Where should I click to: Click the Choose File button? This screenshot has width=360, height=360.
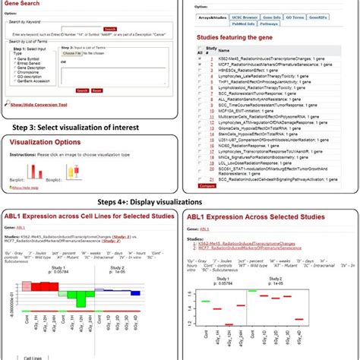pos(73,54)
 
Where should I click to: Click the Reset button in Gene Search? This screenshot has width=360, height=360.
pos(96,90)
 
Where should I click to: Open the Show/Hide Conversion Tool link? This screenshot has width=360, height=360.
pos(39,105)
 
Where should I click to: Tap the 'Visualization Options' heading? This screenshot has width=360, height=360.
pos(44,141)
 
